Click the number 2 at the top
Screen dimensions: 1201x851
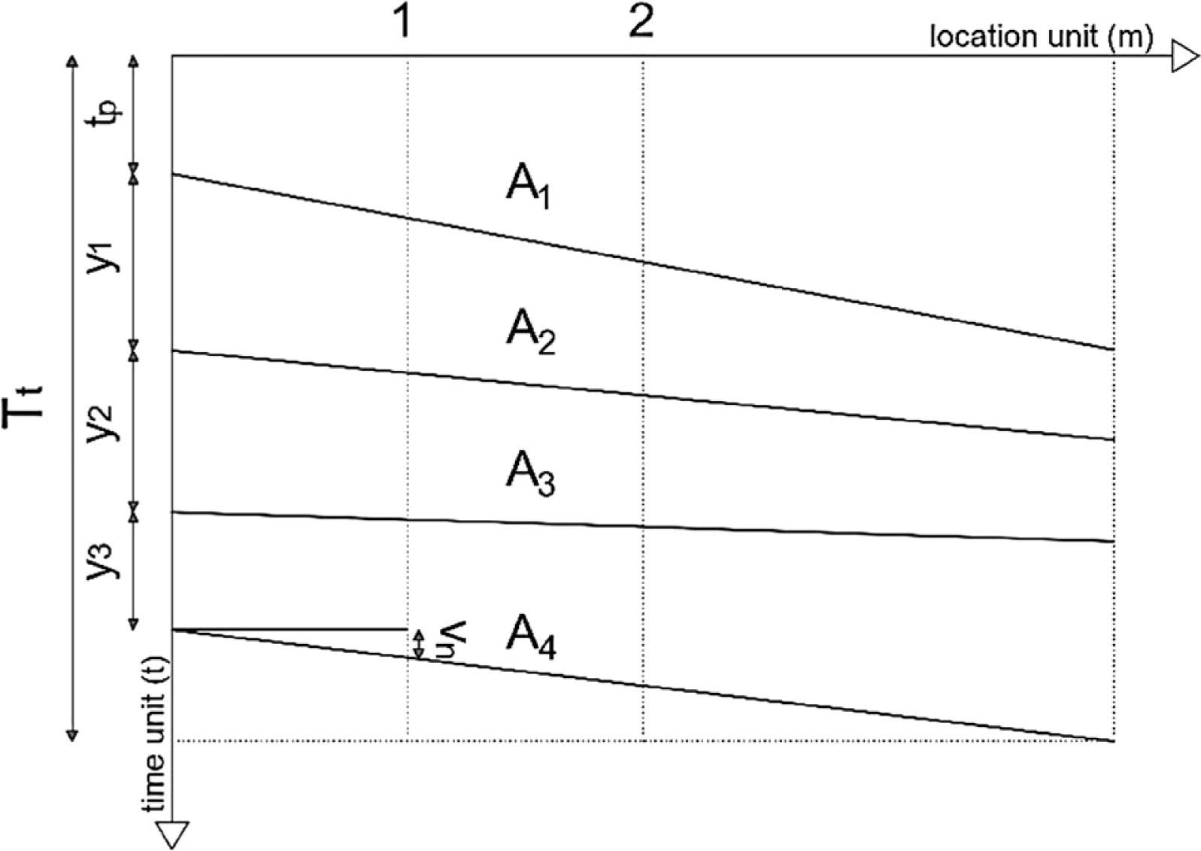tap(641, 23)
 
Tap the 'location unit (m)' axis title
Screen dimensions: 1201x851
tap(1041, 38)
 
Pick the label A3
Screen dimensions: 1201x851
tap(530, 474)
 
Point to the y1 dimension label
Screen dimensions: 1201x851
tap(101, 258)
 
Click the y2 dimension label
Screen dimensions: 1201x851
tap(102, 422)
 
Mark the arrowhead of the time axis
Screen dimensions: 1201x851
tap(173, 835)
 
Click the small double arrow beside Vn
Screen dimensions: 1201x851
tap(420, 644)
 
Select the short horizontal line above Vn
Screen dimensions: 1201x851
tap(290, 629)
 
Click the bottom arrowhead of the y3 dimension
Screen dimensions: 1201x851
tap(134, 625)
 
